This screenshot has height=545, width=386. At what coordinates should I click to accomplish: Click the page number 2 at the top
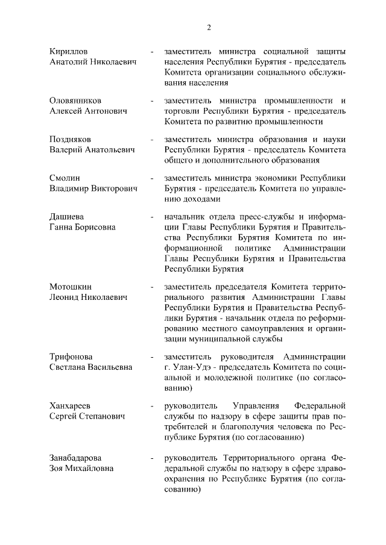209,27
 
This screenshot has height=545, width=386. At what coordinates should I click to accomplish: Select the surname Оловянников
75,100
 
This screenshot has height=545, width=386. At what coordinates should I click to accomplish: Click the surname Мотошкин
71,287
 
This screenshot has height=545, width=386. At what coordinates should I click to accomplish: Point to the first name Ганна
62,227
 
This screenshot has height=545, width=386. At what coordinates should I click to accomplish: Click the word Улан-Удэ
192,368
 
